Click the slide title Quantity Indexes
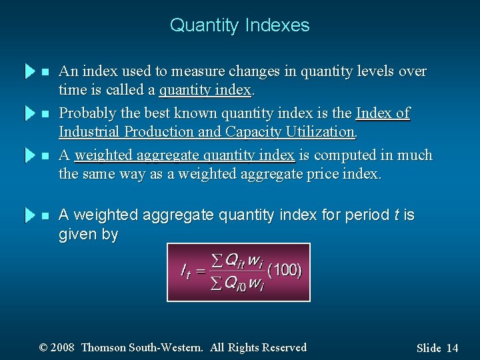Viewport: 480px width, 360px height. pos(239,25)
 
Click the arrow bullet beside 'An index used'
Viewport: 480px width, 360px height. pos(29,71)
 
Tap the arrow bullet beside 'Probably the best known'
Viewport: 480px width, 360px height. pos(29,113)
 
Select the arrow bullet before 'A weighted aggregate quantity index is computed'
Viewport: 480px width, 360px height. pos(29,155)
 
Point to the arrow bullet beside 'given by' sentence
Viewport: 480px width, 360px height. pos(29,215)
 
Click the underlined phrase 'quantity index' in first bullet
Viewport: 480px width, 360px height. pos(205,89)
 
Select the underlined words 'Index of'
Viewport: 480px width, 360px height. pos(383,113)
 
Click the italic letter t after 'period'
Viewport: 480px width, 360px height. pos(397,215)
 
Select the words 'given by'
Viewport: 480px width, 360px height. pos(88,235)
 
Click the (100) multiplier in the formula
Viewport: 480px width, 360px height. pos(284,270)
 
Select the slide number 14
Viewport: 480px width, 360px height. pos(453,348)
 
